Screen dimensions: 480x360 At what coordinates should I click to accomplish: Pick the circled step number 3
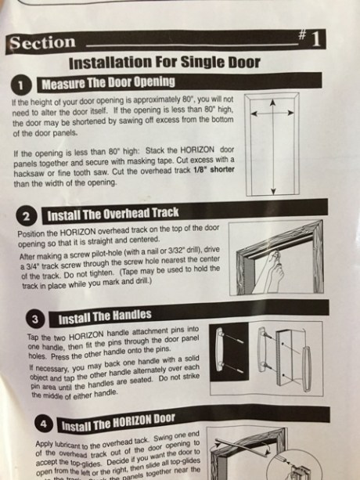(x=36, y=319)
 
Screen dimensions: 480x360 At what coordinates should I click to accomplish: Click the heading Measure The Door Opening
(x=108, y=82)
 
